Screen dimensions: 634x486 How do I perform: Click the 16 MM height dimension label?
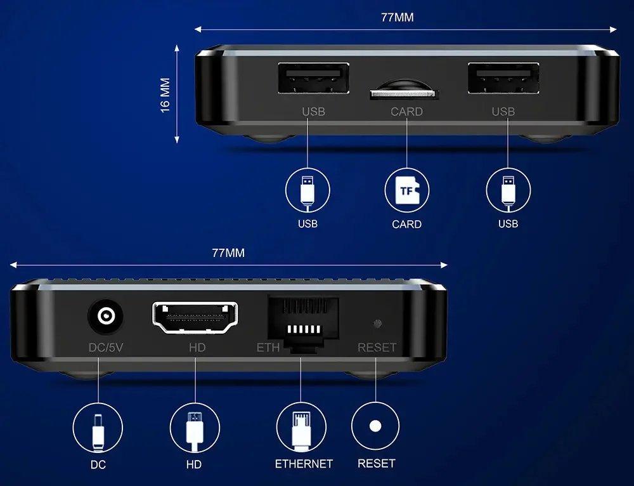[165, 95]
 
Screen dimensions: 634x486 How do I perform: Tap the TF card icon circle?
[407, 190]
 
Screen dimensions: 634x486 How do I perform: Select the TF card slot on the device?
[404, 94]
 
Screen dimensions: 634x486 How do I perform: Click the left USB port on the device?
[313, 79]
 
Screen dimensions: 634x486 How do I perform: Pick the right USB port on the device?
[503, 79]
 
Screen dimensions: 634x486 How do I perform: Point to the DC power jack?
[106, 315]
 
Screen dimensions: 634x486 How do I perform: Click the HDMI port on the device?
[195, 318]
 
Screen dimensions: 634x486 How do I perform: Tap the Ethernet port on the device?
[303, 324]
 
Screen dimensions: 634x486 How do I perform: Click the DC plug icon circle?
[98, 428]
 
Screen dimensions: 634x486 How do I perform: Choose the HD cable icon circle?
[195, 428]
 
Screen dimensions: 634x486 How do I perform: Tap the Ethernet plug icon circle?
[301, 428]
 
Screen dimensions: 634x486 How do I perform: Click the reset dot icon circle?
[375, 426]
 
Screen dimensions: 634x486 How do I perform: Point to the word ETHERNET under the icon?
[304, 464]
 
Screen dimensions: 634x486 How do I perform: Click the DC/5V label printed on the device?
[105, 347]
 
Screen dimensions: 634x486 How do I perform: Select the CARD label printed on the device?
[407, 111]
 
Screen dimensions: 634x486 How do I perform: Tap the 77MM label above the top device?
[398, 17]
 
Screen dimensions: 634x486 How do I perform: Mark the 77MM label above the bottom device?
[228, 253]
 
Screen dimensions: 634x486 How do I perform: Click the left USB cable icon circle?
[307, 190]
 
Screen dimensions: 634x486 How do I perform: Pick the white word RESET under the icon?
[376, 463]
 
